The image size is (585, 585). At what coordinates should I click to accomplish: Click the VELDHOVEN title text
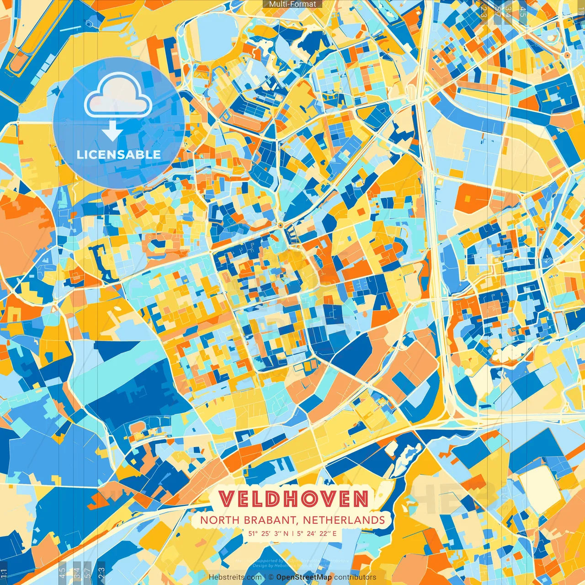tap(293, 499)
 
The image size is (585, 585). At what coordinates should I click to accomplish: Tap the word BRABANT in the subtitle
tap(271, 520)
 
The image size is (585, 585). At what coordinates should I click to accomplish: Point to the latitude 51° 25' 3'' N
tap(268, 533)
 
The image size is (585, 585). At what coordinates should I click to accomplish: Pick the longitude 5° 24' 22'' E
tap(317, 533)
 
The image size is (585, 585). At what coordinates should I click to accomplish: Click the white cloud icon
tap(118, 96)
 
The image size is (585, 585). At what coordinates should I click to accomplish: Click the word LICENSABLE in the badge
tap(119, 154)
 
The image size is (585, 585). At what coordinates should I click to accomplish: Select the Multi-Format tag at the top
tap(292, 4)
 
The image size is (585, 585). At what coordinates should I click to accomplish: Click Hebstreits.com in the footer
tap(235, 577)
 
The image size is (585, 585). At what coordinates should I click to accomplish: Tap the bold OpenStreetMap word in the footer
tap(303, 577)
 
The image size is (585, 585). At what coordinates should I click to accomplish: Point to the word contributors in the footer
tap(355, 577)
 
